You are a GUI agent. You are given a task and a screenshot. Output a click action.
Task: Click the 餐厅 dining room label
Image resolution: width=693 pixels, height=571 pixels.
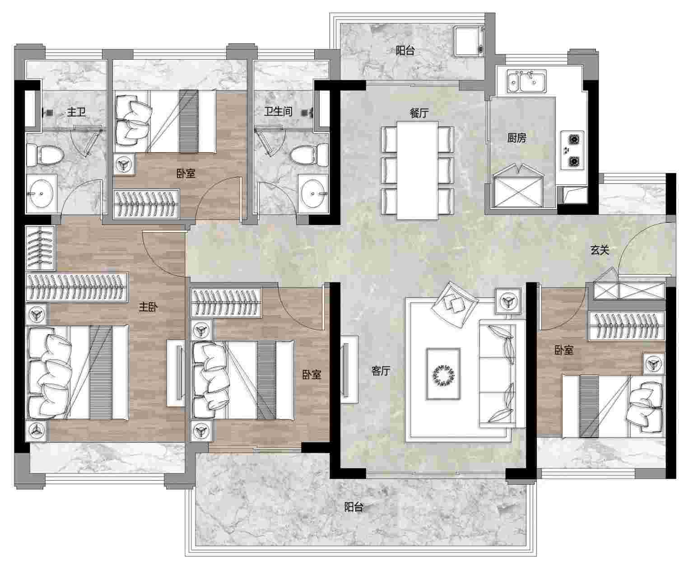pyautogui.click(x=419, y=113)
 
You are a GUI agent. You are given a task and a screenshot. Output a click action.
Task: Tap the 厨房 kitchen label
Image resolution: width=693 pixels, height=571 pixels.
pyautogui.click(x=517, y=137)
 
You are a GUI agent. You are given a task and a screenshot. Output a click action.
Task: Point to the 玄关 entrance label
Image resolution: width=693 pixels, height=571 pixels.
pyautogui.click(x=600, y=250)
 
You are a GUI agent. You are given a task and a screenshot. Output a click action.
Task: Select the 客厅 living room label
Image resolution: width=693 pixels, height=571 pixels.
pyautogui.click(x=381, y=371)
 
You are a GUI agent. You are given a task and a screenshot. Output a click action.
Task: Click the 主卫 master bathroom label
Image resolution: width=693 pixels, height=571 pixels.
pyautogui.click(x=76, y=112)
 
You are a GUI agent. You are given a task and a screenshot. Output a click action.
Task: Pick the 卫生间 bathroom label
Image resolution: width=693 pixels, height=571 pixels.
pyautogui.click(x=278, y=111)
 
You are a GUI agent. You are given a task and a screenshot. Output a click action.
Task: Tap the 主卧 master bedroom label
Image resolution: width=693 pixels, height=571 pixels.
pyautogui.click(x=148, y=307)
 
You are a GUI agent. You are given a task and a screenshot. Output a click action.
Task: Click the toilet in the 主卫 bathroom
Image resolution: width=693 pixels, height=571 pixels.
pyautogui.click(x=45, y=154)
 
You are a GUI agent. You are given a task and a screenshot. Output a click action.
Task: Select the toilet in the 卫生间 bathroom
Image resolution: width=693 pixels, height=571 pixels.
pyautogui.click(x=309, y=154)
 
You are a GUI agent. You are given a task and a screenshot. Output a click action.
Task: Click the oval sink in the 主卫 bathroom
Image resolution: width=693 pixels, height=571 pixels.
pyautogui.click(x=41, y=194)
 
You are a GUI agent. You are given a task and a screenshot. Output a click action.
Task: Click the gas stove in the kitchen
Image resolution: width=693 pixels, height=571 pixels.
pyautogui.click(x=572, y=150)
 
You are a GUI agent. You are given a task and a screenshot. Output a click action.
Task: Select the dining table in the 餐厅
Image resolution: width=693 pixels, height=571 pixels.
pyautogui.click(x=418, y=170)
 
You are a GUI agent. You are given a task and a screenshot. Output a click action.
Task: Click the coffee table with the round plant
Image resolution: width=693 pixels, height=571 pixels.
pyautogui.click(x=443, y=374)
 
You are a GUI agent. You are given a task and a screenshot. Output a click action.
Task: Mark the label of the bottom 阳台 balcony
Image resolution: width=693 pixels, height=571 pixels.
pyautogui.click(x=353, y=507)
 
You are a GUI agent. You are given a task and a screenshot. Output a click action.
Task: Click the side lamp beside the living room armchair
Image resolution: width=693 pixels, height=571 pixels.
pyautogui.click(x=508, y=301)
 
